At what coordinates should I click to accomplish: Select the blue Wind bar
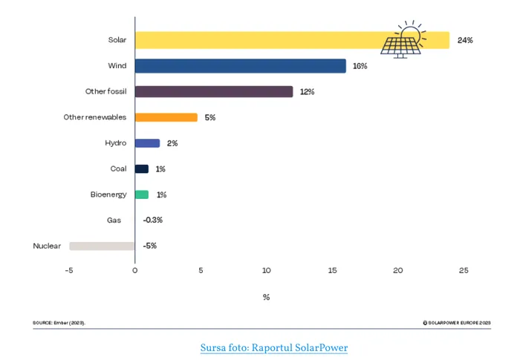pyautogui.click(x=240, y=66)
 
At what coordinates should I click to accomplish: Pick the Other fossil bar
pyautogui.click(x=214, y=91)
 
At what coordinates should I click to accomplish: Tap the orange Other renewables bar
pyautogui.click(x=166, y=117)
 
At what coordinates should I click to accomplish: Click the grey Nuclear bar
pyautogui.click(x=102, y=246)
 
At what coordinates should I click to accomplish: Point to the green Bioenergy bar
pyautogui.click(x=142, y=194)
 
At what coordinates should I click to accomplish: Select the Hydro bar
pyautogui.click(x=147, y=143)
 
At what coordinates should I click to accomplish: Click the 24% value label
pyautogui.click(x=466, y=40)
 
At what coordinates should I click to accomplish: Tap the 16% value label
pyautogui.click(x=360, y=66)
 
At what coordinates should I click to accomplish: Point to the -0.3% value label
pyautogui.click(x=153, y=220)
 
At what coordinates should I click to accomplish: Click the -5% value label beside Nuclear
pyautogui.click(x=150, y=246)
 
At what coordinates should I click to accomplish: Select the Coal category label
pyautogui.click(x=118, y=168)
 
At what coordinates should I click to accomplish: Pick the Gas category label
pyautogui.click(x=120, y=220)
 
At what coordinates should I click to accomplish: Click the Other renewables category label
pyautogui.click(x=95, y=117)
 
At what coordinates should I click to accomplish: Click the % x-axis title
pyautogui.click(x=266, y=297)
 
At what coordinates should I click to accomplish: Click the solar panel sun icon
pyautogui.click(x=402, y=39)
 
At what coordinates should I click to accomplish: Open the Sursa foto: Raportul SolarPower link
pyautogui.click(x=274, y=347)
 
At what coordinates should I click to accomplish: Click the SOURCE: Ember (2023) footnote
pyautogui.click(x=59, y=323)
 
